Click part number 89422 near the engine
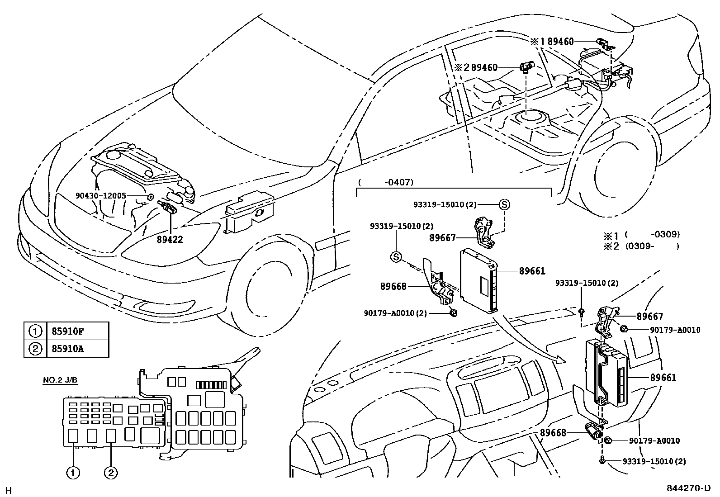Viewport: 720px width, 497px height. click(x=170, y=239)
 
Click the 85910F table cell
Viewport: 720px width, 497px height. click(x=66, y=331)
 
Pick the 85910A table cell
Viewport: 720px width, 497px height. click(x=66, y=349)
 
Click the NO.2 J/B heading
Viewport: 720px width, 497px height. click(x=60, y=380)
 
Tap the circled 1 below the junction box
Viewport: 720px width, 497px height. click(x=73, y=473)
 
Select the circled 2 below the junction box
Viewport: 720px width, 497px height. click(x=111, y=473)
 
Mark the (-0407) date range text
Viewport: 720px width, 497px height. click(x=385, y=183)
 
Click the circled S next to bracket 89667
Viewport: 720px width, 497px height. click(x=504, y=204)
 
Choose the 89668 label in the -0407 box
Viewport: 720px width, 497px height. click(x=393, y=286)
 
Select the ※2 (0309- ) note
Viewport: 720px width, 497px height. click(x=641, y=246)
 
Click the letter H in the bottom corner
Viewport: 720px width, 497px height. click(x=8, y=490)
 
